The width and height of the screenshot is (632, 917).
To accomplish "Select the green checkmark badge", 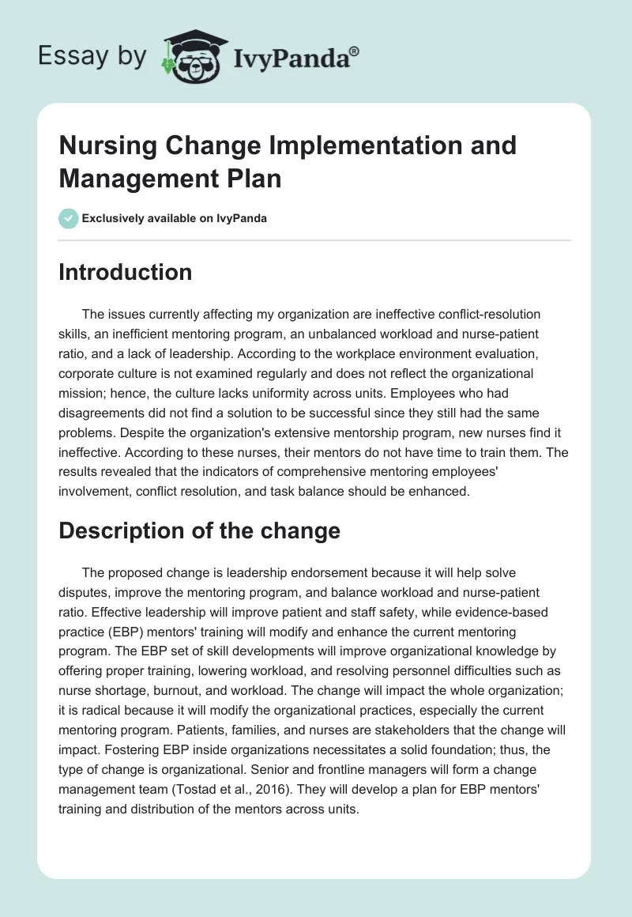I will tap(69, 218).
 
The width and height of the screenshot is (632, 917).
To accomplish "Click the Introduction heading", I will tap(126, 272).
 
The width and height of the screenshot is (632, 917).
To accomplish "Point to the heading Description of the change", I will tap(199, 530).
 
